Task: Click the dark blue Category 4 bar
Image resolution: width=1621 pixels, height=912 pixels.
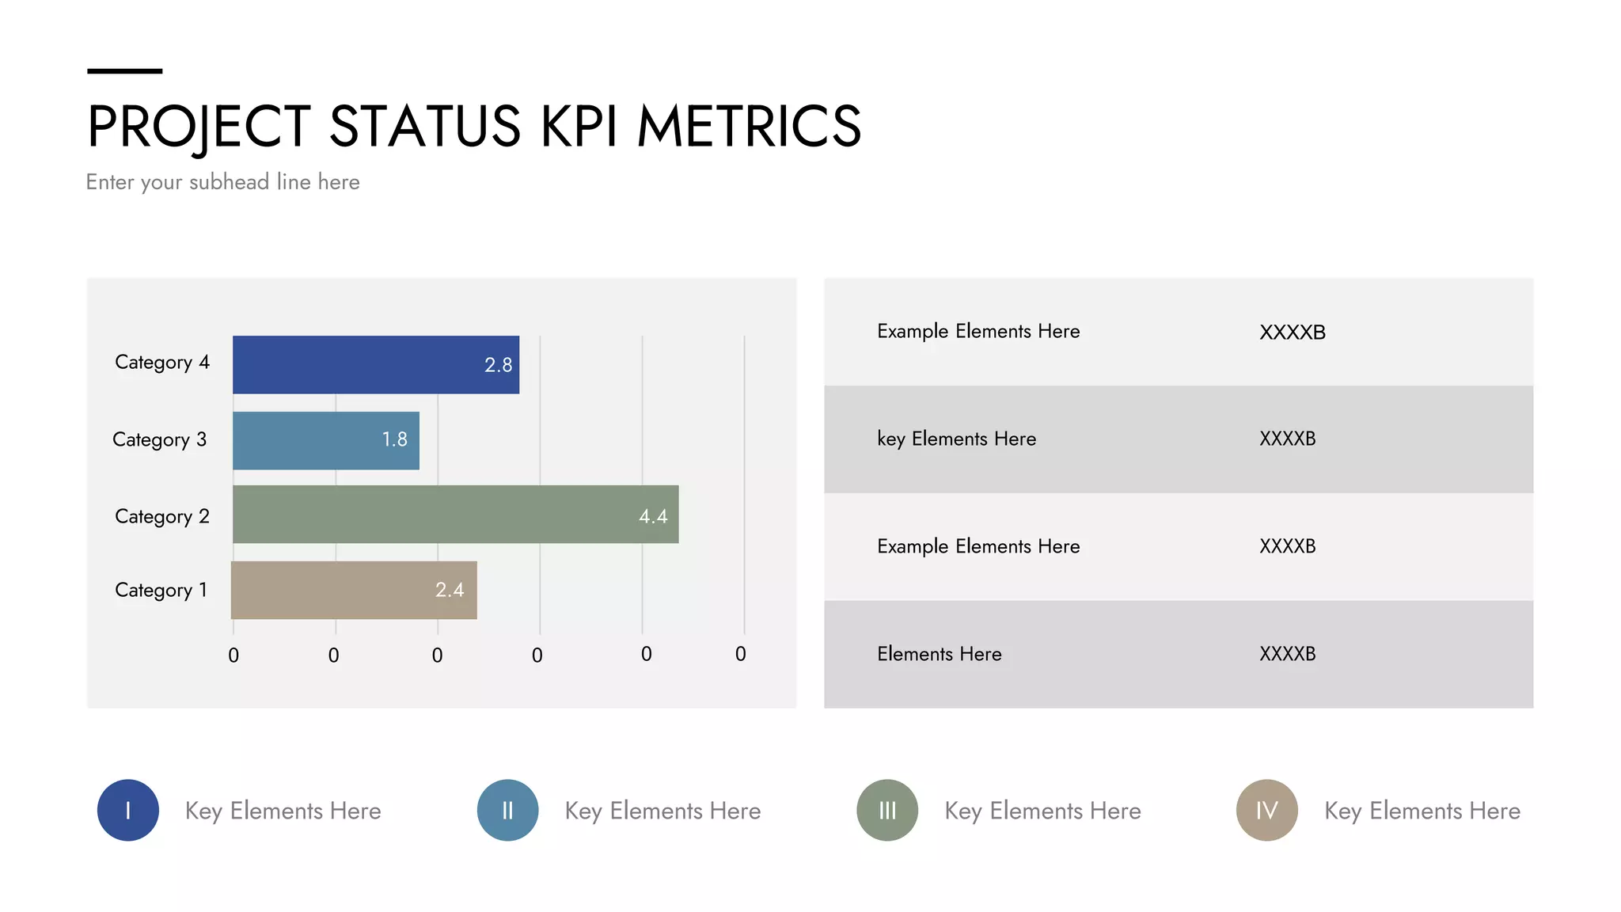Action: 376,365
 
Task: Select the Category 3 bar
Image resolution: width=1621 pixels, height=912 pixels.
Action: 325,441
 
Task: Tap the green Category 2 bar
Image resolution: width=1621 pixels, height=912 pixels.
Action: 455,515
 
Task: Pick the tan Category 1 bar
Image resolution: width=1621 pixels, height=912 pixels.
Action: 354,591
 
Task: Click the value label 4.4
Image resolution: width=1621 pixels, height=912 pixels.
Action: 653,517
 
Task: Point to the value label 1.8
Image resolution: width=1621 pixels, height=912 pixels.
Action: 394,439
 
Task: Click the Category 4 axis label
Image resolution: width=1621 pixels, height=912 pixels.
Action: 162,363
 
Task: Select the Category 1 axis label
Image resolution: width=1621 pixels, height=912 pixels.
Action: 161,591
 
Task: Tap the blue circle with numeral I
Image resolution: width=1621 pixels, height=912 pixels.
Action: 128,810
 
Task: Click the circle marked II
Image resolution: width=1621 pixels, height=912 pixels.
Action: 507,810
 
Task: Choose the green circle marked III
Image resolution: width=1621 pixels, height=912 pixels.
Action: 887,810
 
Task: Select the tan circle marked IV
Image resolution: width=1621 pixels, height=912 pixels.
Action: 1267,810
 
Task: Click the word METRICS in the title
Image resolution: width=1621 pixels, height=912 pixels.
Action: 749,127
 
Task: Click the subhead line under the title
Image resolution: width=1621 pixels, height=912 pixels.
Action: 222,182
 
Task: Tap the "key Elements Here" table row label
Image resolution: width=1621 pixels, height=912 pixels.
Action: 956,439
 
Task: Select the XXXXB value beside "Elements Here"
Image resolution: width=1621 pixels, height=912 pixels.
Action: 1287,654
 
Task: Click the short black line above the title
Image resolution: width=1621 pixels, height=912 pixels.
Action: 124,71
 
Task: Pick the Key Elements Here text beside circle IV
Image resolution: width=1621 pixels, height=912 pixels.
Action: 1422,811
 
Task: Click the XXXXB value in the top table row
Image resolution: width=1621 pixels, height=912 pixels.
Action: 1292,332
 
